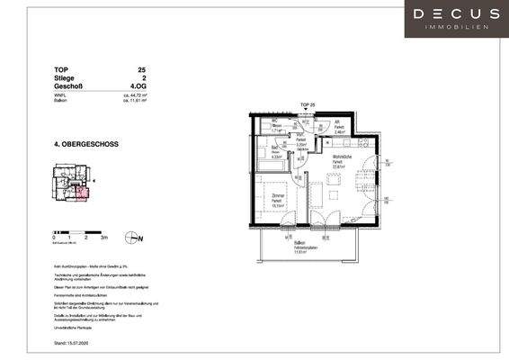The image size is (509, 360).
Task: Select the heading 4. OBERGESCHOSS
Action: tap(86, 144)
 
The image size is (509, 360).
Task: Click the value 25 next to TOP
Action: tap(141, 69)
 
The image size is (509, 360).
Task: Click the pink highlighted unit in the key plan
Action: tap(84, 191)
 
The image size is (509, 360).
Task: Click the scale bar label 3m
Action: tap(103, 238)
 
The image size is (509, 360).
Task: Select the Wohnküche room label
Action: tap(339, 159)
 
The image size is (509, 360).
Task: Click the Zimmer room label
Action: tap(278, 201)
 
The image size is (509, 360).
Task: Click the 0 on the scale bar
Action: tap(55, 238)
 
